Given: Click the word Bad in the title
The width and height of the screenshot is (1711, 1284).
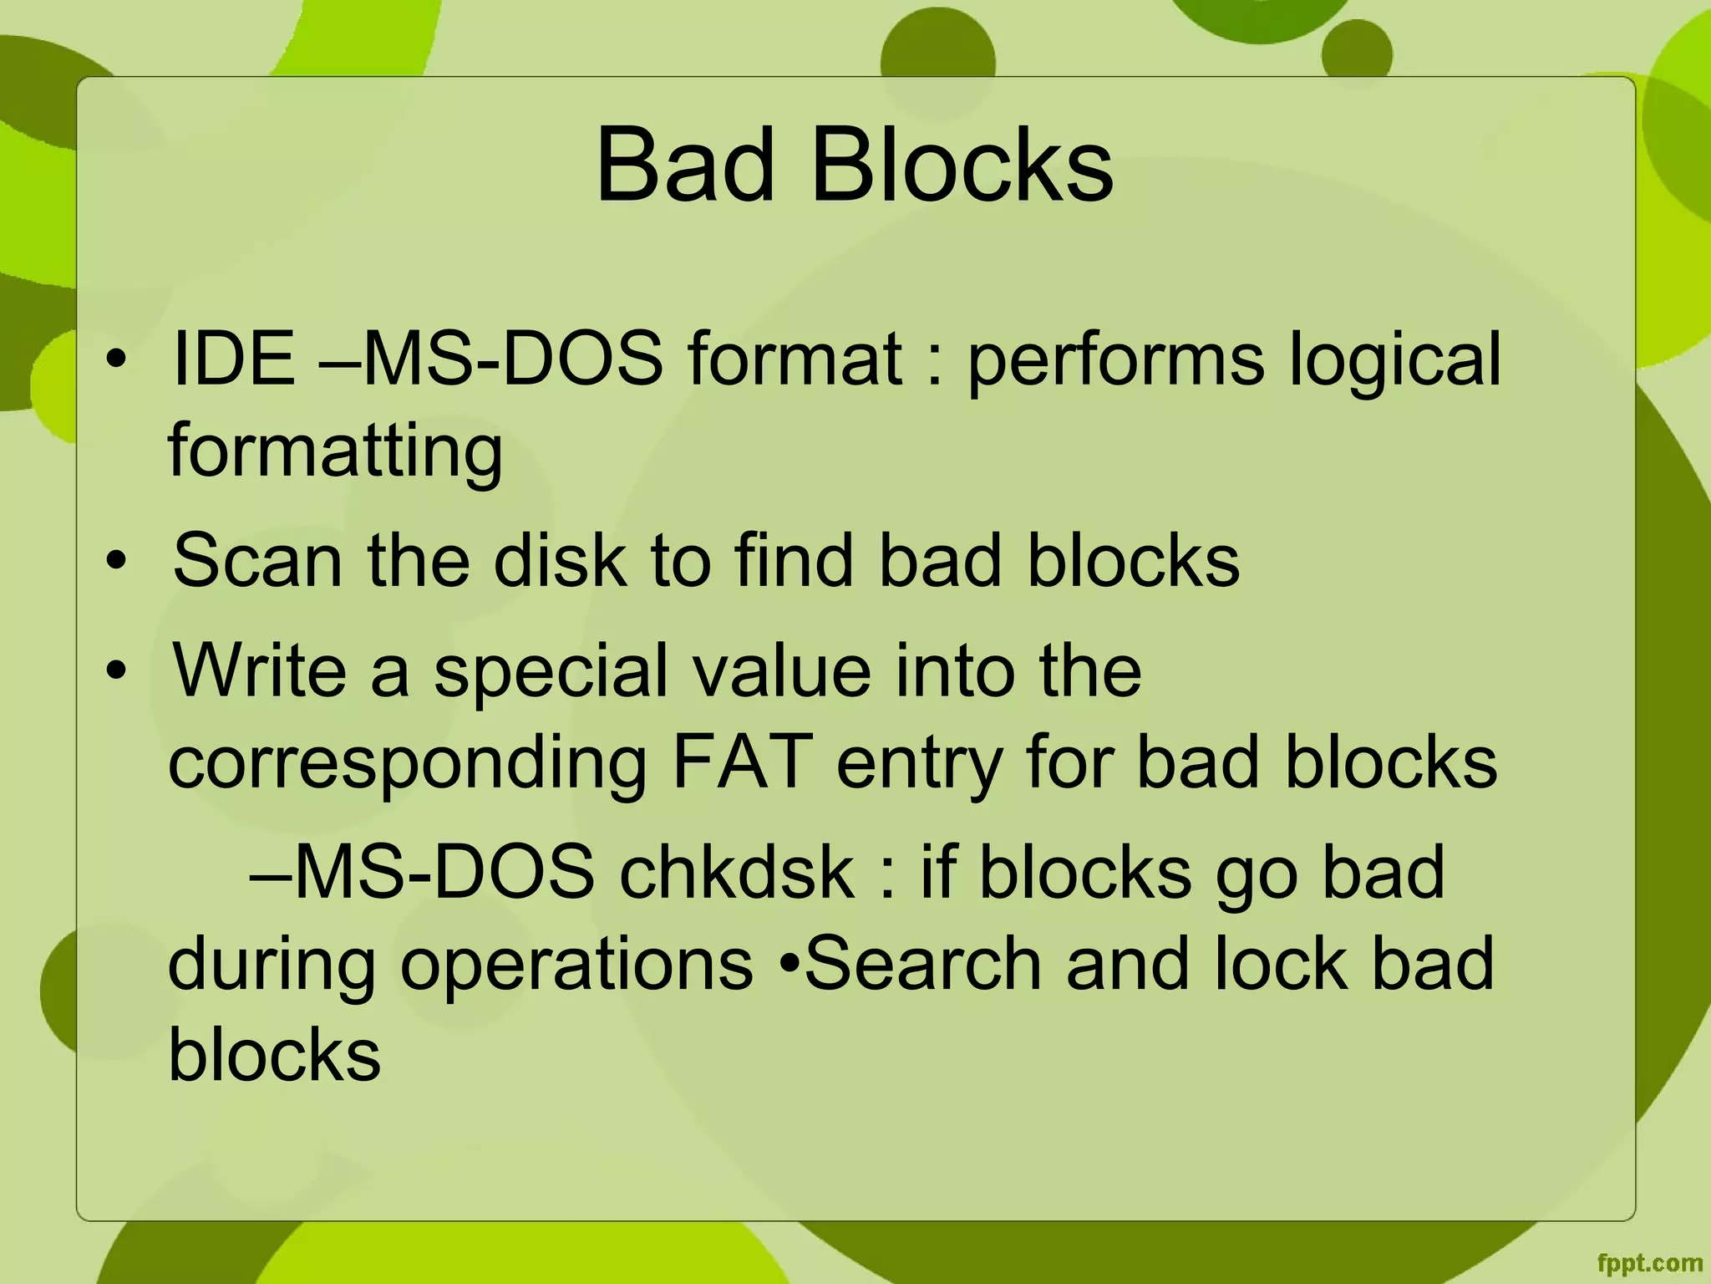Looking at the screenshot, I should (684, 165).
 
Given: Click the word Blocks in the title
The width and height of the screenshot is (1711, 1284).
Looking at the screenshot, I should (962, 165).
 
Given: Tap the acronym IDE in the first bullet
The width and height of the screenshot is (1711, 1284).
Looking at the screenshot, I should (233, 359).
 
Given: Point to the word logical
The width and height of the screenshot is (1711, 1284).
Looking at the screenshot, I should (1395, 360).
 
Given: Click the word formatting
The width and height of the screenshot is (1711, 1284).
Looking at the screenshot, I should (335, 452).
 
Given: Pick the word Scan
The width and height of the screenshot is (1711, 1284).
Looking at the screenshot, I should (257, 560).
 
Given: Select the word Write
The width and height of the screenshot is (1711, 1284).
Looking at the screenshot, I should (259, 670).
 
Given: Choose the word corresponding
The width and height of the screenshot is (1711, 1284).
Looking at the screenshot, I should (408, 764).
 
